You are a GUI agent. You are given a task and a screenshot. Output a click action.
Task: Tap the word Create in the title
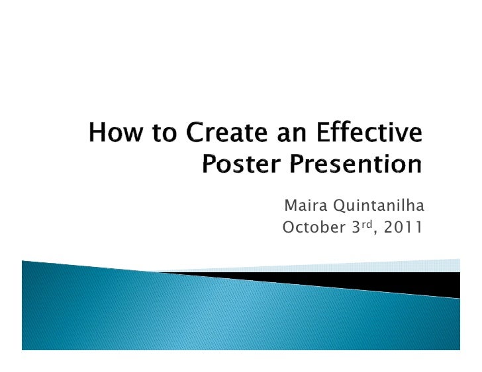tap(220, 137)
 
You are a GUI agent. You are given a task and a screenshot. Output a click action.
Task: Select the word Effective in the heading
tap(370, 137)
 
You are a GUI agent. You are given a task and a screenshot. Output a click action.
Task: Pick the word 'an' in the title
tap(289, 137)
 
